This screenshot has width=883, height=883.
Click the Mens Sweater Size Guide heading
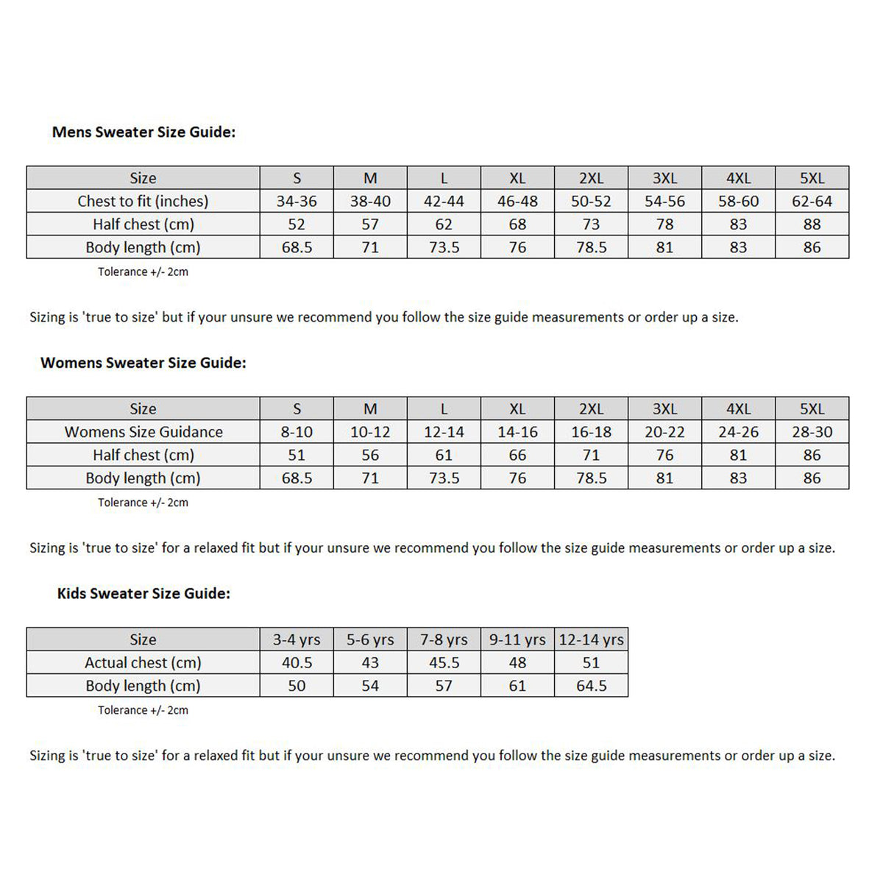(x=143, y=132)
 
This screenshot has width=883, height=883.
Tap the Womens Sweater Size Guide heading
(x=143, y=363)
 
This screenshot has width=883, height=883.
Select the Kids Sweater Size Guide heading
(x=143, y=593)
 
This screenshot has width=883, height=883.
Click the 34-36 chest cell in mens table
(x=297, y=201)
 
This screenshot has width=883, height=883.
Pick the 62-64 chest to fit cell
(x=812, y=201)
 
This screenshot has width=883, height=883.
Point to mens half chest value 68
(x=517, y=224)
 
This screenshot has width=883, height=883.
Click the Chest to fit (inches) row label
(x=143, y=201)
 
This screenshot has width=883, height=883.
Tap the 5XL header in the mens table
(x=812, y=178)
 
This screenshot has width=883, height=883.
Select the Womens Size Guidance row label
(x=143, y=432)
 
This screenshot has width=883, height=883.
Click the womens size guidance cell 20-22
(x=664, y=432)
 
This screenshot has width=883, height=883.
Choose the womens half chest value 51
(x=297, y=455)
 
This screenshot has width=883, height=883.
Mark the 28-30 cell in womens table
(x=812, y=432)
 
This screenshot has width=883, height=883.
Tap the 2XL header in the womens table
(x=591, y=408)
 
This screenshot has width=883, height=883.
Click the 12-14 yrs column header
(x=591, y=639)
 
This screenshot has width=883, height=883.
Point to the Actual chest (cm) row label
(x=143, y=662)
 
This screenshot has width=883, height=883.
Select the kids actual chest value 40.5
(x=297, y=662)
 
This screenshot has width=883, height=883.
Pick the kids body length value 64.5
(x=591, y=686)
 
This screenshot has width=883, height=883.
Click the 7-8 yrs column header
(x=444, y=639)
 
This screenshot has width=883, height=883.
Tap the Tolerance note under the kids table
(x=143, y=710)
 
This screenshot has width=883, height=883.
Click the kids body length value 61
(x=517, y=686)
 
